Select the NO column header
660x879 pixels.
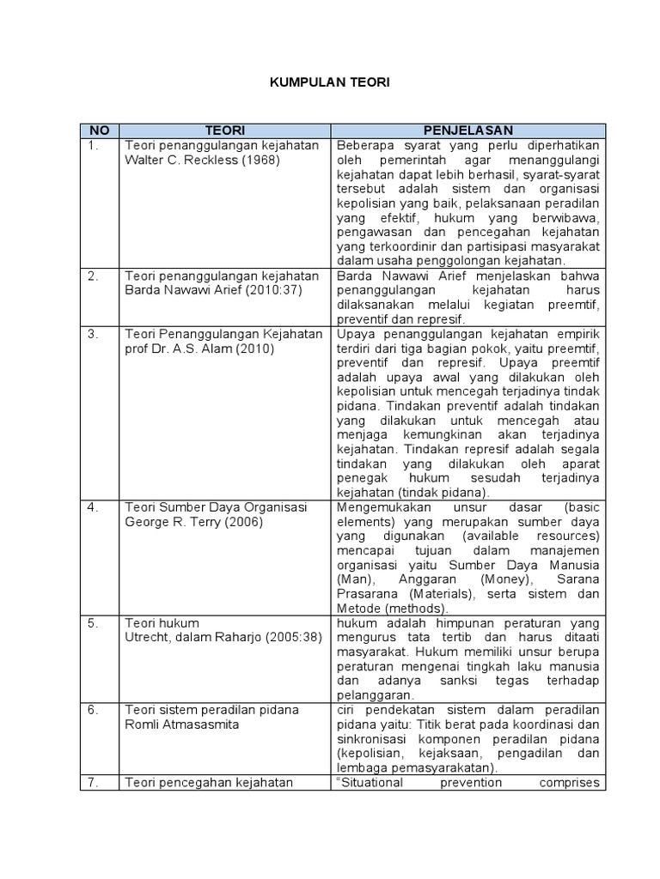coord(99,130)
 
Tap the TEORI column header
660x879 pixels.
coord(225,130)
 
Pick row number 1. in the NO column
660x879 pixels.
coord(94,145)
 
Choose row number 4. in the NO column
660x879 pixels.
coord(94,507)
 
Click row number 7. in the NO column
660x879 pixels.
coord(94,782)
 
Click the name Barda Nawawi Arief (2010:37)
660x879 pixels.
coord(210,290)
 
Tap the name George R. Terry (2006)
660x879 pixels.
coord(193,522)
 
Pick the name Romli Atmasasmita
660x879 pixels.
coord(181,724)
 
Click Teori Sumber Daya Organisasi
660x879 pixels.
coord(216,507)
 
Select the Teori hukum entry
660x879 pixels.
coord(162,623)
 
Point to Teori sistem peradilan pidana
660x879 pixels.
coord(211,710)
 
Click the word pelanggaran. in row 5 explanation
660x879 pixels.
coord(375,695)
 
